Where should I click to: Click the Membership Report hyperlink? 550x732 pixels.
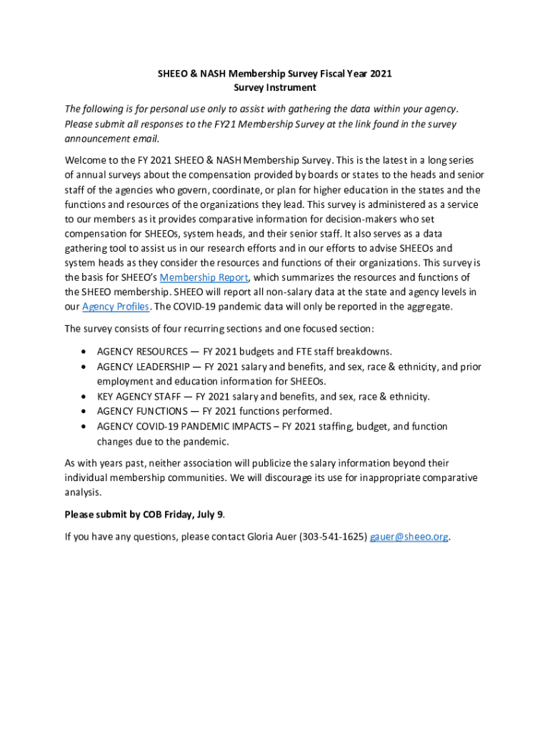click(204, 277)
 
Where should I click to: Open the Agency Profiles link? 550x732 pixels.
click(116, 307)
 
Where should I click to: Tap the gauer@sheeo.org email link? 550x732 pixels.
click(409, 537)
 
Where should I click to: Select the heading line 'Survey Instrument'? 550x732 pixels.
click(275, 88)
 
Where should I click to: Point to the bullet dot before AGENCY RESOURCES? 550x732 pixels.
click(86, 352)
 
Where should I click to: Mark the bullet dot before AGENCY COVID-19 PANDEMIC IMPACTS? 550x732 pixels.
click(86, 427)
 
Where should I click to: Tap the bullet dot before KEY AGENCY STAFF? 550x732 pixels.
click(86, 397)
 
